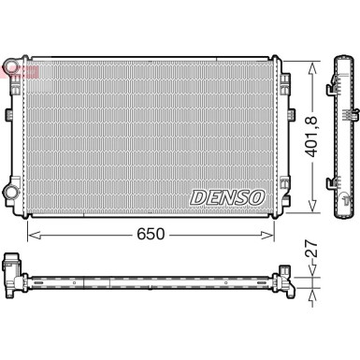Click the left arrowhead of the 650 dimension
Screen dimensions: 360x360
pos(31,236)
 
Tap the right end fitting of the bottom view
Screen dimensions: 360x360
pos(285,279)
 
